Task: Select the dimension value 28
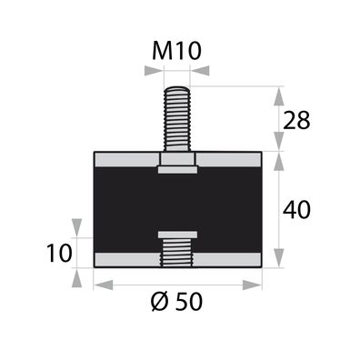click(x=297, y=118)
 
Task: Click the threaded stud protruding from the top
click(x=176, y=118)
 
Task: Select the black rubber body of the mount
click(x=127, y=209)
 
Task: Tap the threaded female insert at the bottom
click(x=176, y=251)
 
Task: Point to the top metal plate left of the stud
click(x=125, y=159)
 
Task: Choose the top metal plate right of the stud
click(x=229, y=159)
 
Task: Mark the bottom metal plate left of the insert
click(x=125, y=260)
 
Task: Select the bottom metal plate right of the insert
click(x=229, y=260)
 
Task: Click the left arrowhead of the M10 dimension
click(x=155, y=68)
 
